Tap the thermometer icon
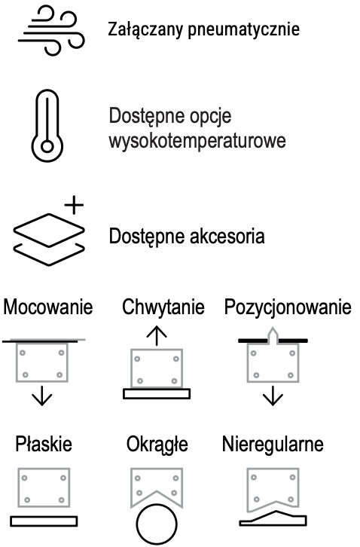pos(47,127)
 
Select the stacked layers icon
pos(49,240)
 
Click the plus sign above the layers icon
pos(74,205)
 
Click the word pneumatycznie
pos(244,29)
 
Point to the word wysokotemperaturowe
pos(197,141)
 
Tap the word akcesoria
pos(227,236)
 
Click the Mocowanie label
pos(47,307)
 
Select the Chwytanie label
pos(163,307)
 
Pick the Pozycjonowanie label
pos(288,307)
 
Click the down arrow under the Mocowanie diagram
pos(42,396)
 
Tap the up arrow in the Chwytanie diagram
pos(157,335)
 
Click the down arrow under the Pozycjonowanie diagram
pos(273,396)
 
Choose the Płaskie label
pos(44,444)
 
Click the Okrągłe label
pos(157,445)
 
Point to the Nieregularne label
pos(273,445)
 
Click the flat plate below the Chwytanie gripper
pos(157,393)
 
